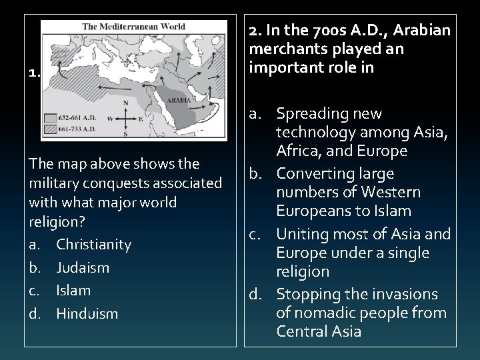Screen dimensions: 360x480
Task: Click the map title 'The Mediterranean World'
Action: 133,27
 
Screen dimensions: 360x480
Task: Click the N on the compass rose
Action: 126,103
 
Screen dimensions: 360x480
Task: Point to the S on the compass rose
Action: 126,133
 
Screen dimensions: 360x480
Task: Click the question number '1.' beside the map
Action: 34,74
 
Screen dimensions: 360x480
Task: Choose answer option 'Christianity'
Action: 93,245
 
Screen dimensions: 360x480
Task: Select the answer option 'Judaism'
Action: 83,268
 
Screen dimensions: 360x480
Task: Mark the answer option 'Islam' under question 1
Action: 73,291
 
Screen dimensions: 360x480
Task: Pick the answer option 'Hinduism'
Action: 87,313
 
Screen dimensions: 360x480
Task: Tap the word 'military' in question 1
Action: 51,183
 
